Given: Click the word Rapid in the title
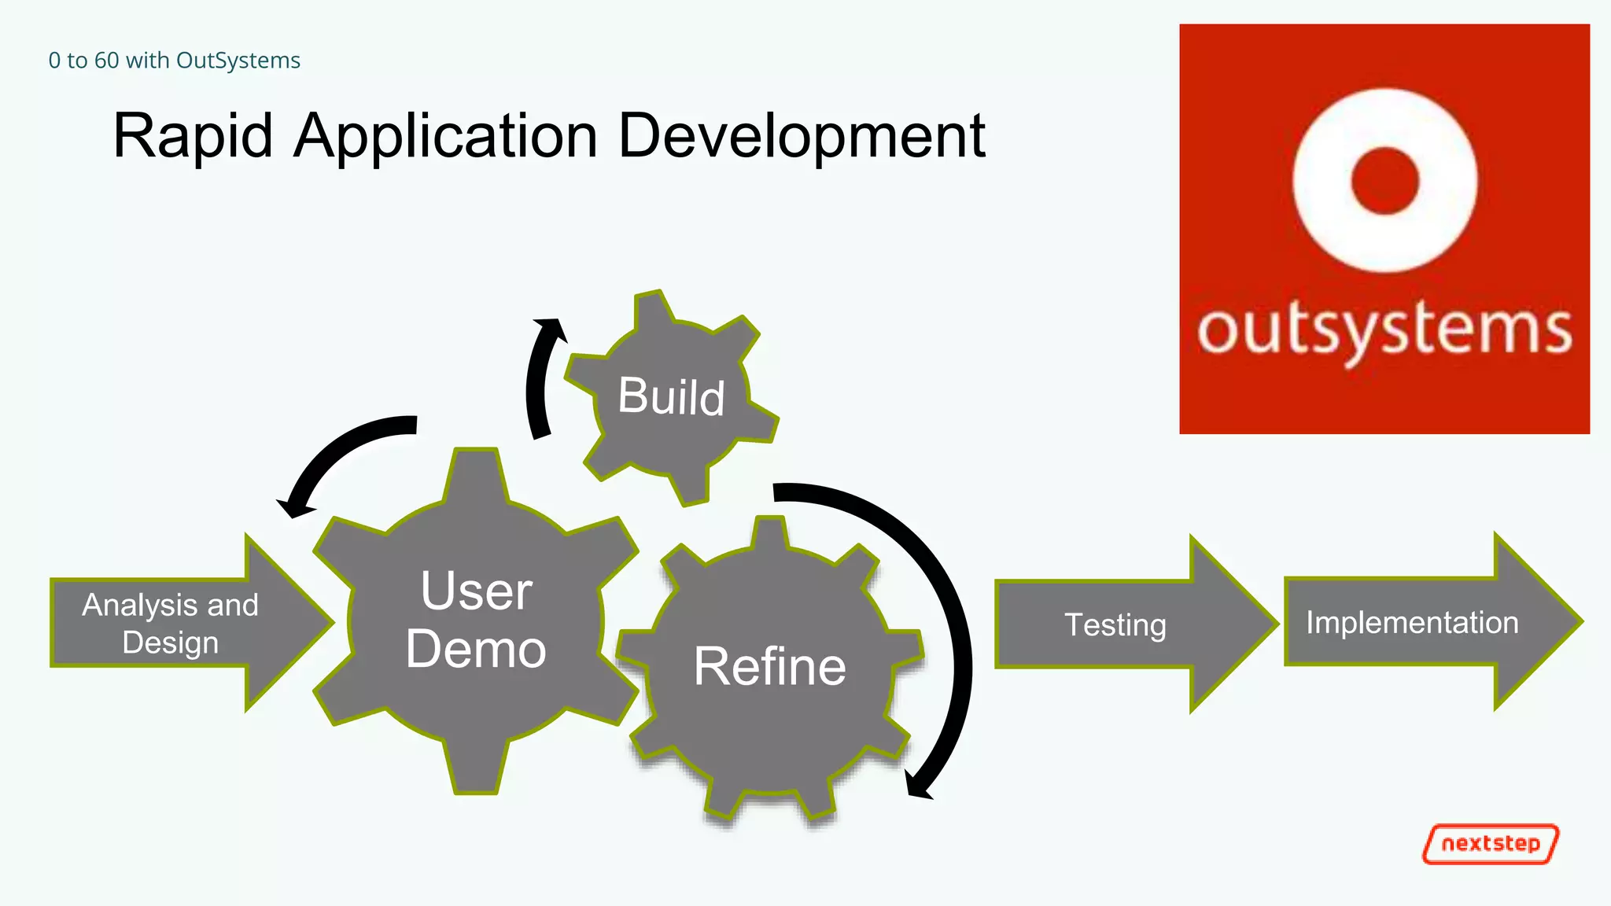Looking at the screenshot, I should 193,136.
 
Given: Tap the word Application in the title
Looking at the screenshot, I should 445,136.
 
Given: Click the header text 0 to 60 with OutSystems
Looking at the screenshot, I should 174,61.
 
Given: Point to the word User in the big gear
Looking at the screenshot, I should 476,591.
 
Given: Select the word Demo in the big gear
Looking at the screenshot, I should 476,650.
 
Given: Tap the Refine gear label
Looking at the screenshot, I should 769,667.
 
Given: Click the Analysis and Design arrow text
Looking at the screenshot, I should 170,624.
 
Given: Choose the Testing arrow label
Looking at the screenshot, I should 1115,625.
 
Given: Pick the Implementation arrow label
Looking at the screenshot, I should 1412,623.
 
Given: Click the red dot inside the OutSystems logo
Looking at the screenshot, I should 1384,180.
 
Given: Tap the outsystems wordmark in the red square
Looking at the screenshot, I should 1384,330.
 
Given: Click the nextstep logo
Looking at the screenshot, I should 1491,844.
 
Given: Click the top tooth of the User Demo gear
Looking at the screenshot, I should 476,472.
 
